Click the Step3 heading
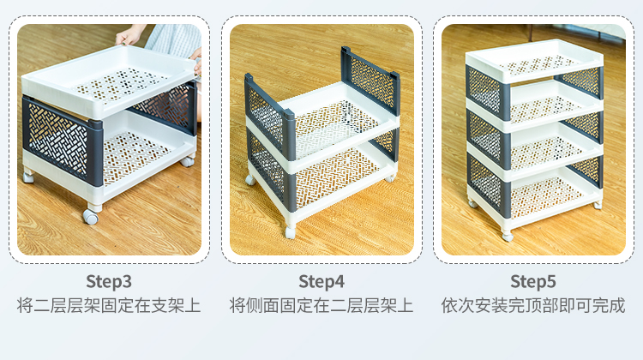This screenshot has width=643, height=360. click(109, 282)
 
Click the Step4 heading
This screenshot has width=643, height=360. click(321, 282)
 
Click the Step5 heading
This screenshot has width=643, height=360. click(533, 282)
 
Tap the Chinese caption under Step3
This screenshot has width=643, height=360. click(109, 306)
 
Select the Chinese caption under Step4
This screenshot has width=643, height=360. click(321, 306)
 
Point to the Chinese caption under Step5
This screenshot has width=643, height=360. click(533, 306)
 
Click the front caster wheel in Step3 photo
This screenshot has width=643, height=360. click(91, 216)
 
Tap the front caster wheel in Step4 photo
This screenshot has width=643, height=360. click(290, 232)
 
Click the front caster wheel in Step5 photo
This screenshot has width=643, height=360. click(508, 237)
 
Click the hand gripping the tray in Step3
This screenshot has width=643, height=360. click(129, 36)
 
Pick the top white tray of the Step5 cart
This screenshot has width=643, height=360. click(534, 61)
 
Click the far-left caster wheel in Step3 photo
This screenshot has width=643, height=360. click(28, 177)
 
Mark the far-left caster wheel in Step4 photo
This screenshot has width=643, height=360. click(250, 180)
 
